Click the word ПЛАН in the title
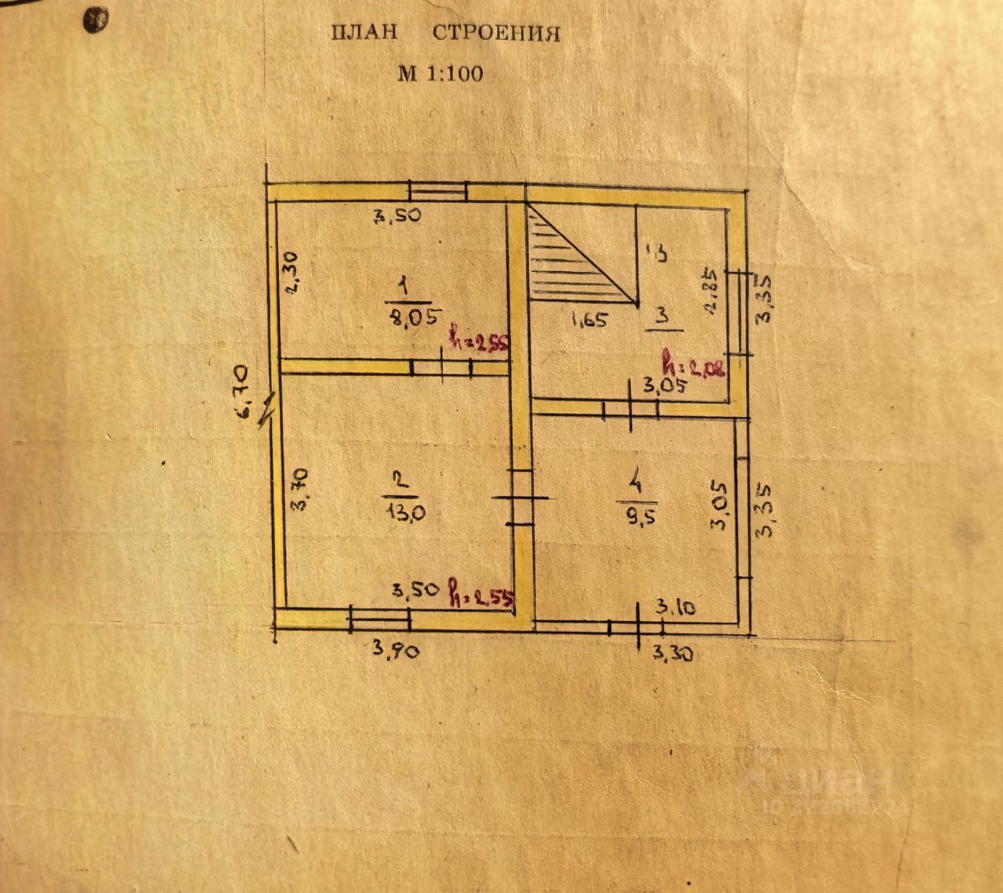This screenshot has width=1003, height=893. pyautogui.click(x=364, y=33)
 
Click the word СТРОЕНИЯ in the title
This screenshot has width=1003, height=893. pyautogui.click(x=497, y=34)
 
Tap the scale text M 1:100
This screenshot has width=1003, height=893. pyautogui.click(x=440, y=74)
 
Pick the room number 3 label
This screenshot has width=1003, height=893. pyautogui.click(x=662, y=316)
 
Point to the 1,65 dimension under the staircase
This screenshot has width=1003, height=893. pyautogui.click(x=588, y=320)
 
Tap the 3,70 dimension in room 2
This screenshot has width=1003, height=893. pyautogui.click(x=299, y=489)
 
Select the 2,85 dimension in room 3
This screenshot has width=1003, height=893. pyautogui.click(x=711, y=291)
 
